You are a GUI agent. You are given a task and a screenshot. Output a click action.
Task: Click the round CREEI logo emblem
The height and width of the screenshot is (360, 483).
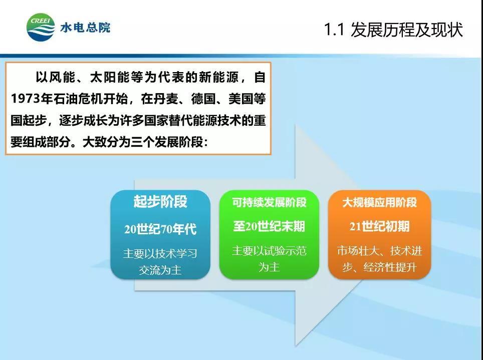(x=41, y=27)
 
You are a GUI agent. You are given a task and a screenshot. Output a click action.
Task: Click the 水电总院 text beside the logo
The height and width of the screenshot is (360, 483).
(x=85, y=28)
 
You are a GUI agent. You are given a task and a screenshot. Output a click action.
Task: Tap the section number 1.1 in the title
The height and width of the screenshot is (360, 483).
(x=334, y=30)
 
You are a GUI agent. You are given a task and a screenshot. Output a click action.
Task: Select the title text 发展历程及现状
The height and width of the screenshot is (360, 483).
(x=407, y=30)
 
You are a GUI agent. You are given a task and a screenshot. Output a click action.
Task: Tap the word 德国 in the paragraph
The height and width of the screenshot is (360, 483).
(x=203, y=99)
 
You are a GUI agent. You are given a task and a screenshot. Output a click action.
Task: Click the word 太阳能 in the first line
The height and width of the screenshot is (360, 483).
(x=109, y=77)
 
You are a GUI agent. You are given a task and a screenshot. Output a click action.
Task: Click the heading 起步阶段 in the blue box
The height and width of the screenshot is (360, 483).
(x=160, y=201)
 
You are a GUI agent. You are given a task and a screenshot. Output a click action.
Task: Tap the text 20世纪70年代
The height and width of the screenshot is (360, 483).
(x=160, y=229)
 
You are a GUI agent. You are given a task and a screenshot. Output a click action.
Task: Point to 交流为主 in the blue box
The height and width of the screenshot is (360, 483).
(x=160, y=270)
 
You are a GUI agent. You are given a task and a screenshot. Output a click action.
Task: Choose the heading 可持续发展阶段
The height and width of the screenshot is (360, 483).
(x=269, y=202)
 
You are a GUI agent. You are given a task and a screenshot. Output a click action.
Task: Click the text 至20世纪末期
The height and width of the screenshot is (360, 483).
(x=269, y=226)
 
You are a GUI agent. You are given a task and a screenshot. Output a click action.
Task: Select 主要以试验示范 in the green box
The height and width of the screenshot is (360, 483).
(x=269, y=251)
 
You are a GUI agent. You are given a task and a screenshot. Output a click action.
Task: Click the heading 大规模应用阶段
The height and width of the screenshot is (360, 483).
(x=379, y=202)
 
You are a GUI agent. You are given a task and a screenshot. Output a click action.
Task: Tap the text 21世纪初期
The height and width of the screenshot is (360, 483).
(x=379, y=226)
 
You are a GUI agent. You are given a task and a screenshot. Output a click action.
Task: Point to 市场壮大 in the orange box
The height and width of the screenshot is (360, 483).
(x=358, y=251)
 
